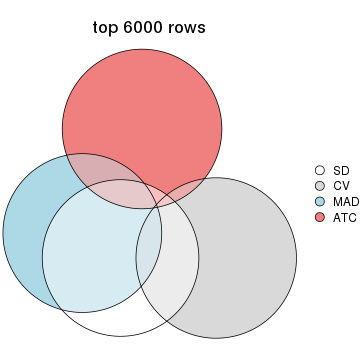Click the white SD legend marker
point(320,170)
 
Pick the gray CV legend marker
point(320,186)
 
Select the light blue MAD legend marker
point(320,201)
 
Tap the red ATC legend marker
point(320,217)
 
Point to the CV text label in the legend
point(340,186)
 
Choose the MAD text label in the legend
point(344,201)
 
